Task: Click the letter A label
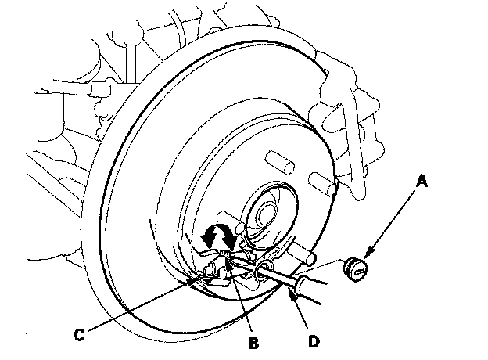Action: [422, 182]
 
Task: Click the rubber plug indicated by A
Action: [355, 268]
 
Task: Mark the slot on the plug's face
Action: [359, 270]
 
